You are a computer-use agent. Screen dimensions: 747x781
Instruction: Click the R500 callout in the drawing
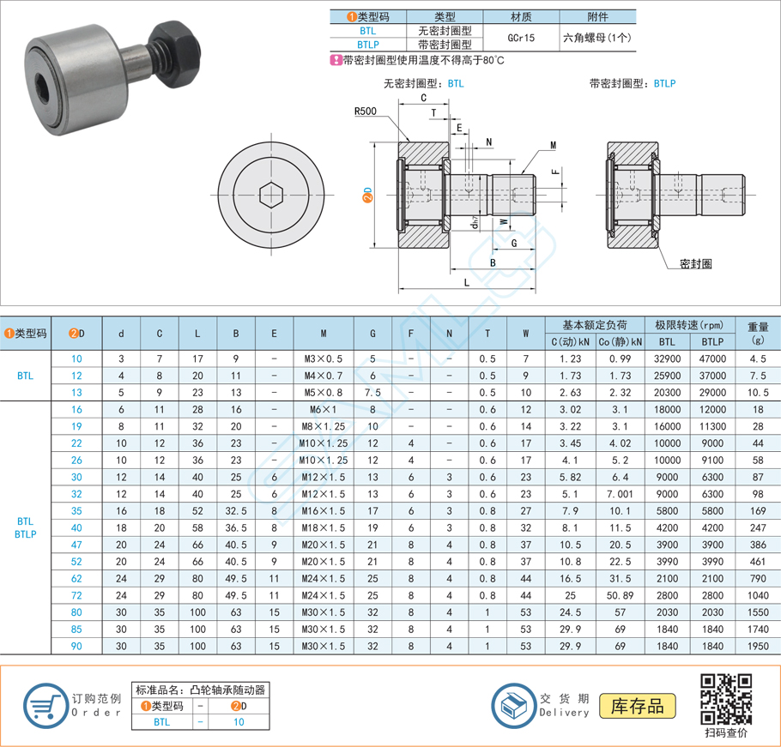click(x=365, y=111)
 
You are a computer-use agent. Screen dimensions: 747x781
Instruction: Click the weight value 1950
click(x=757, y=646)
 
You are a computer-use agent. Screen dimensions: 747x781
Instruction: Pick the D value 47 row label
click(x=77, y=545)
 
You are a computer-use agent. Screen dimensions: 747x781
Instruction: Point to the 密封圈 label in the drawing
click(x=695, y=263)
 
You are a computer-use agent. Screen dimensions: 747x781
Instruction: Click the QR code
click(x=726, y=698)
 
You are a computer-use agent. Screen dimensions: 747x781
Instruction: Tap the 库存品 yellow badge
click(x=638, y=706)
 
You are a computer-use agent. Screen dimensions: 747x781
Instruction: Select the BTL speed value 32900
click(x=667, y=358)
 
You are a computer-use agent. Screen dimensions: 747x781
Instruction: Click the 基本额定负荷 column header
click(x=594, y=325)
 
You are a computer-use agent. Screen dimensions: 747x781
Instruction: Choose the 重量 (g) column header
click(x=757, y=333)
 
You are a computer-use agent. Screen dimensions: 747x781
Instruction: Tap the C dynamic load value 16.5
click(x=570, y=578)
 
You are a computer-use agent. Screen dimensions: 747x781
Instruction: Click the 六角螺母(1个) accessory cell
click(x=596, y=38)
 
